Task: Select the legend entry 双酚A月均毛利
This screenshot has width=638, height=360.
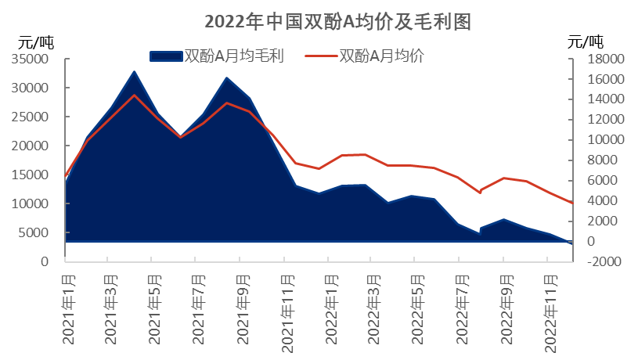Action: coord(232,55)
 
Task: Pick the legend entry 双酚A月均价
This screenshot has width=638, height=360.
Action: coord(382,55)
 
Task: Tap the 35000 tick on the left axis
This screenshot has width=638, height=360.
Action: coord(33,59)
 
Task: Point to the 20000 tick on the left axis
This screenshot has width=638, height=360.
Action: coord(33,146)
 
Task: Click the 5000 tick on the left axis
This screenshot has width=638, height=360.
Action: coord(36,232)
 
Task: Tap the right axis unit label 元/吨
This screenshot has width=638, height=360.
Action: coord(585,41)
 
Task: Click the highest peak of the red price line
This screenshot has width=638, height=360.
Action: coord(135,95)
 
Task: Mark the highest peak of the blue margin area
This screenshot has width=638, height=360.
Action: coord(135,73)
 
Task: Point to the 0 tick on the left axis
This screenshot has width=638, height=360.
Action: coord(45,261)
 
